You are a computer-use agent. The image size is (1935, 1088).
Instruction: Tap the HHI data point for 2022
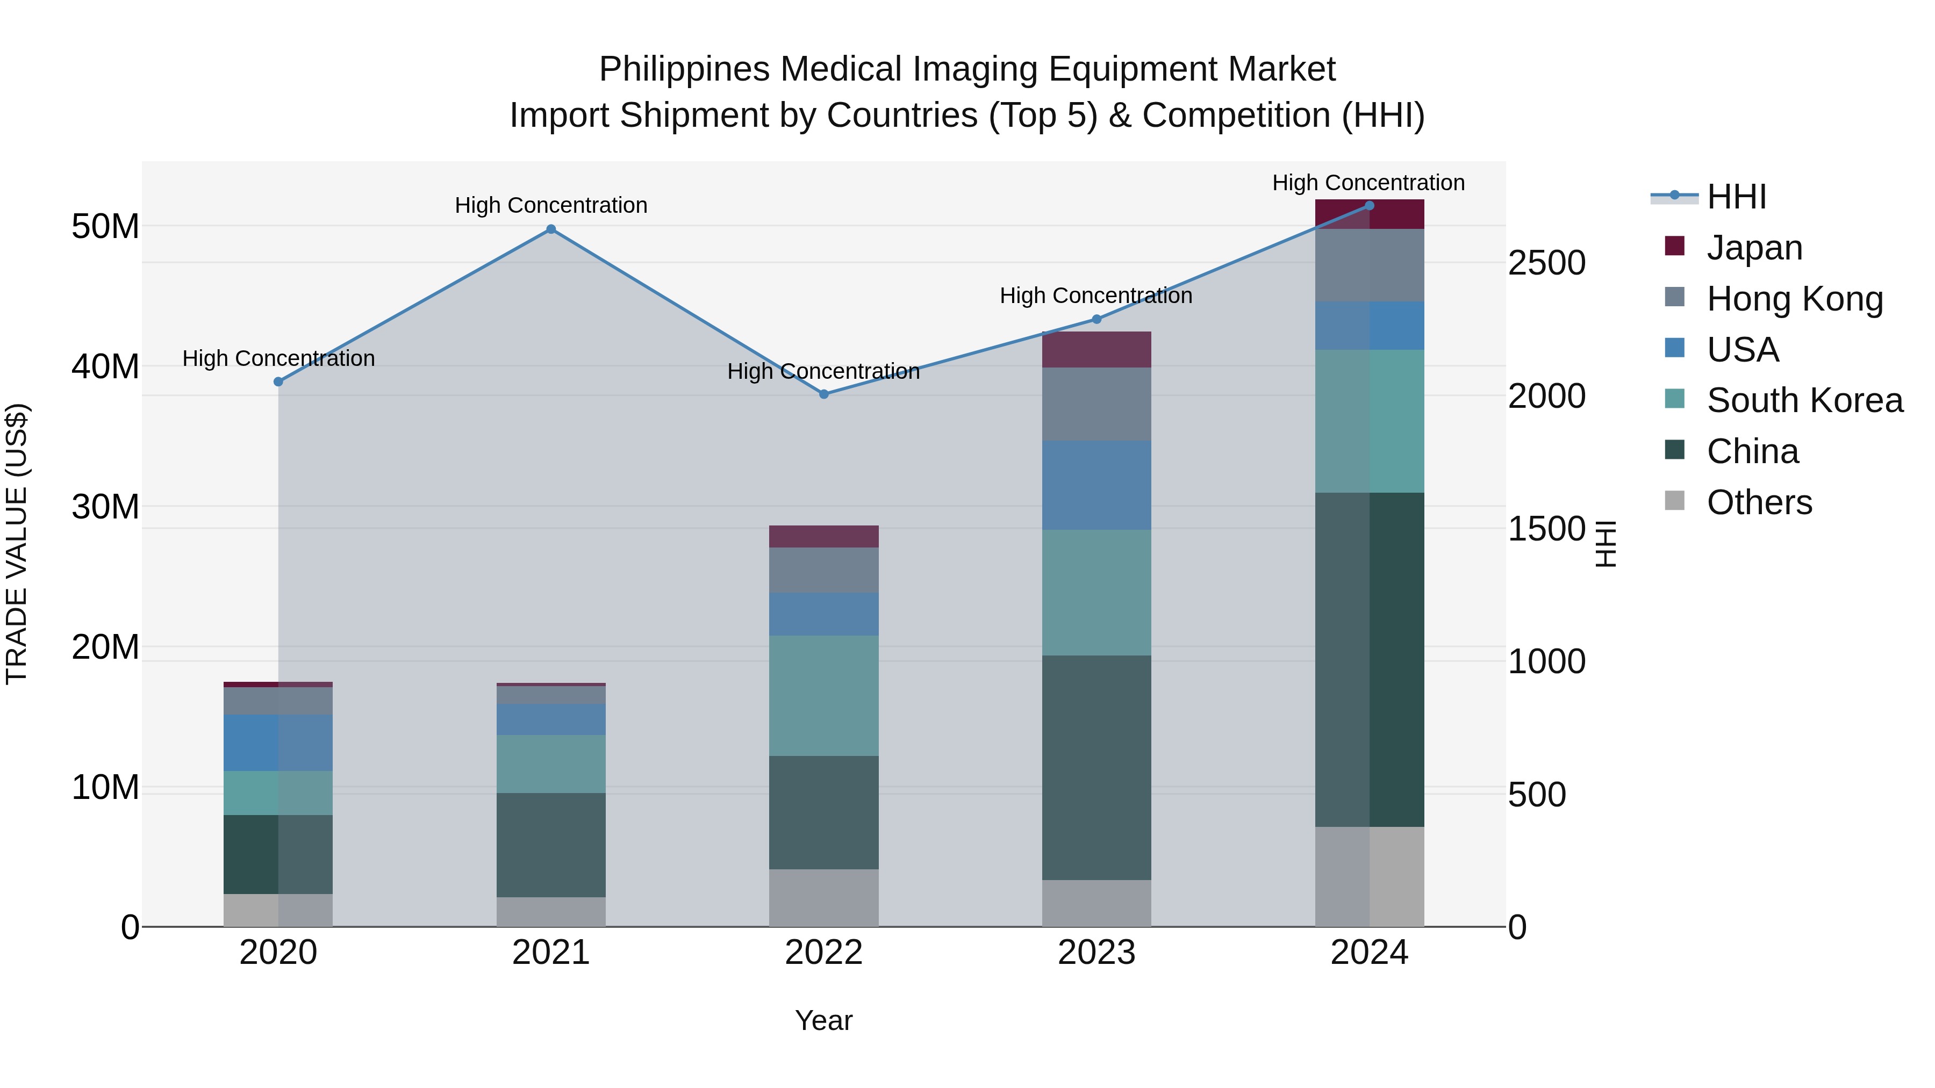[x=823, y=394]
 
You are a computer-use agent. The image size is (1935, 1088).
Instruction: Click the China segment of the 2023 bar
[x=1096, y=767]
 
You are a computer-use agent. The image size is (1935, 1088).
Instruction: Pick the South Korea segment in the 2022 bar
[x=823, y=695]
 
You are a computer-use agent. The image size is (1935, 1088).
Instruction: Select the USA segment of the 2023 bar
[x=1096, y=485]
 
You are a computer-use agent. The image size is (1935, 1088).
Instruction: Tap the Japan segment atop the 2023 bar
[x=1096, y=349]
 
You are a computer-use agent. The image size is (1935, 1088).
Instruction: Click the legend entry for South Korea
[x=1804, y=400]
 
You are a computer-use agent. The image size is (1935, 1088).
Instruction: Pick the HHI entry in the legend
[x=1736, y=197]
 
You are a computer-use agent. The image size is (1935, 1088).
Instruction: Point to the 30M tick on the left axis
[x=105, y=507]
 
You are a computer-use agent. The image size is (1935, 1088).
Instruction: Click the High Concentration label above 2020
[x=278, y=359]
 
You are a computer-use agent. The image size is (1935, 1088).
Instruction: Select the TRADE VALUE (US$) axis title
[x=17, y=544]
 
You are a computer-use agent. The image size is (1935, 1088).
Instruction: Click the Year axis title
[x=823, y=1020]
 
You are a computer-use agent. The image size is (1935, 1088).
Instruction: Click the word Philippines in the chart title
[x=684, y=69]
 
